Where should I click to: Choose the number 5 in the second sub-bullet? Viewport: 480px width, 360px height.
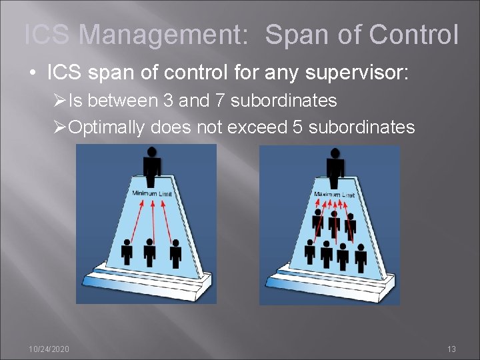pos(298,126)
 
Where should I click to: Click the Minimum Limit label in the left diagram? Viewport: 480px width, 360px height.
pos(152,193)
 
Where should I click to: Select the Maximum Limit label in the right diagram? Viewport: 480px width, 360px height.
pos(334,194)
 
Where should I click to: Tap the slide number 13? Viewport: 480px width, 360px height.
pos(451,349)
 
